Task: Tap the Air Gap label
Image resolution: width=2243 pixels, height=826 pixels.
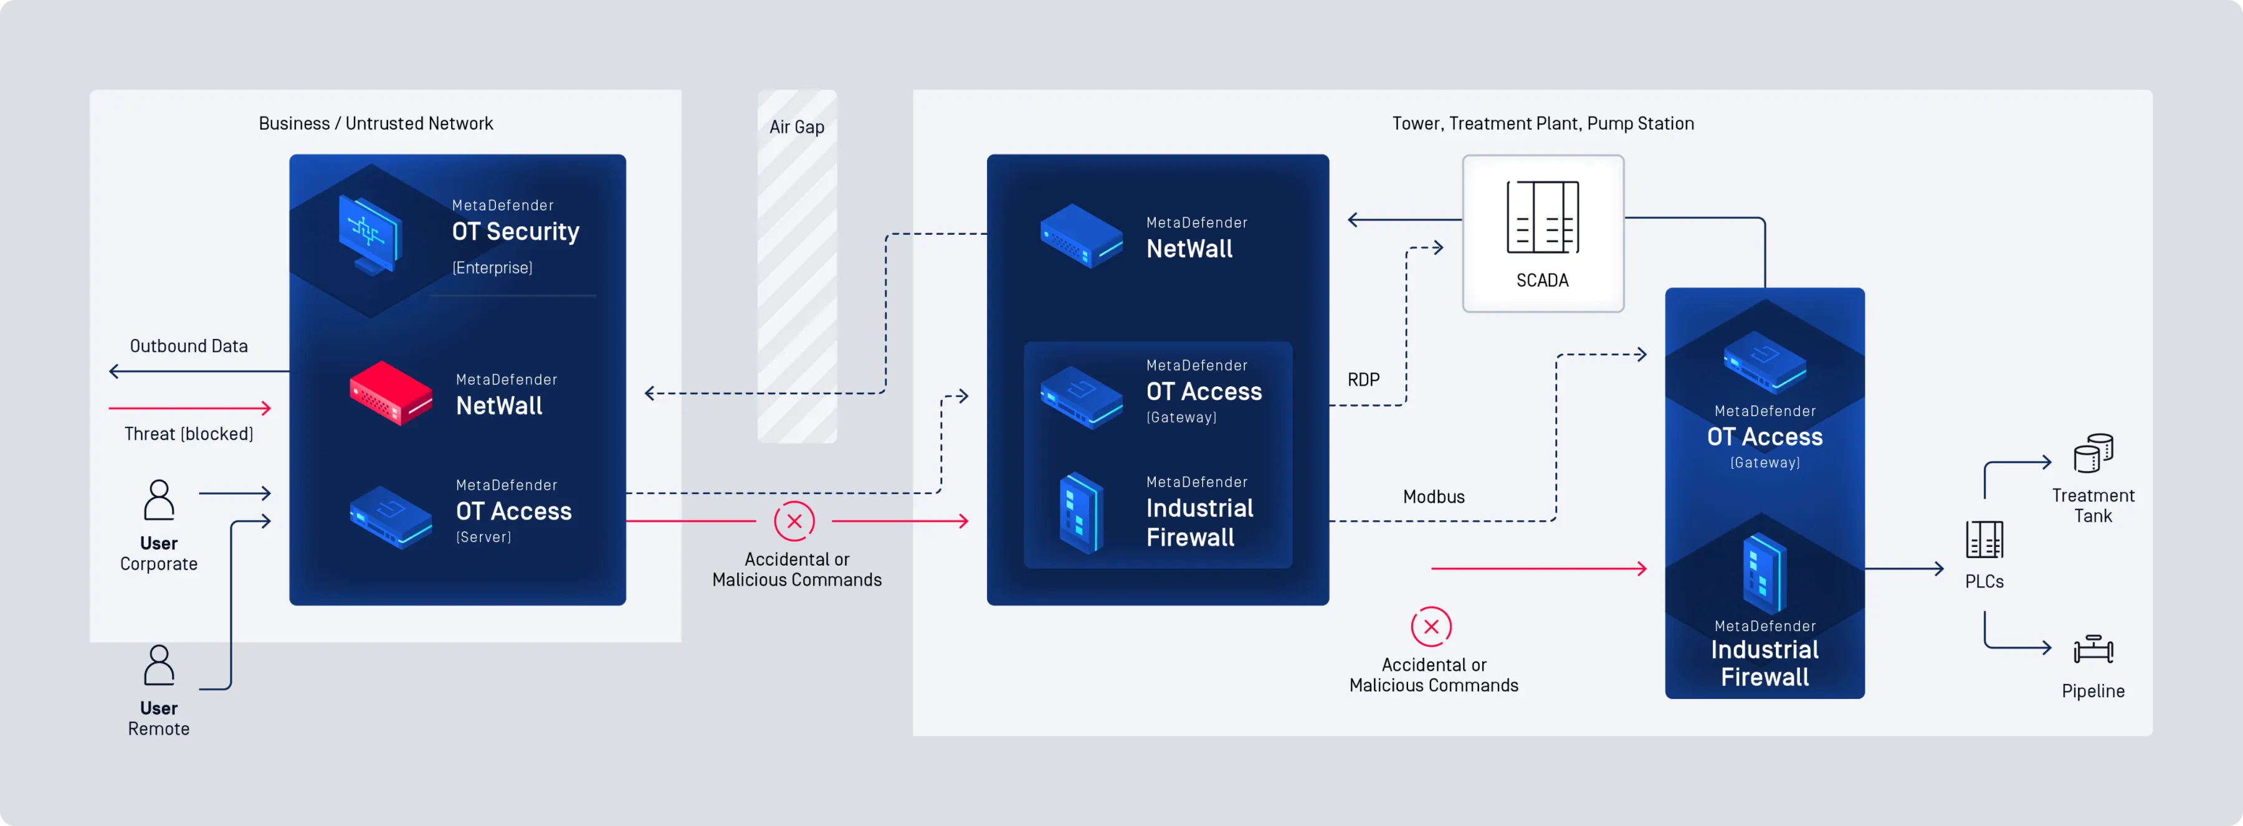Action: coord(797,127)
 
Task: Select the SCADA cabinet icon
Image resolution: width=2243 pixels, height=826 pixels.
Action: coord(1542,217)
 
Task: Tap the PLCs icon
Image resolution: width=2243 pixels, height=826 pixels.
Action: coord(1984,539)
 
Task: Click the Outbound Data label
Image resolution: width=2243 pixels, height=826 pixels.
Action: coord(189,346)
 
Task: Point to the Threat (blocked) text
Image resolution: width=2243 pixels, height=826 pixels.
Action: coord(189,434)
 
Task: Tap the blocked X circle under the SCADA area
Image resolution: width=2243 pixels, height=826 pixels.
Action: coord(1431,627)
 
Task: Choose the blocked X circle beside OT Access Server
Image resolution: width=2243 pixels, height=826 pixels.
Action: coord(794,521)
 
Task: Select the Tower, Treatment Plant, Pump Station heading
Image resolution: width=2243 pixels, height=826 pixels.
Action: coord(1542,123)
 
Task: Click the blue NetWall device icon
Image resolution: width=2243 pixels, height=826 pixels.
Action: coord(1080,235)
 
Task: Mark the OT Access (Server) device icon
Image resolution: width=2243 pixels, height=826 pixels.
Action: coord(390,517)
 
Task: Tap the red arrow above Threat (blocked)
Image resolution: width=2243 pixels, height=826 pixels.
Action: coord(190,407)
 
